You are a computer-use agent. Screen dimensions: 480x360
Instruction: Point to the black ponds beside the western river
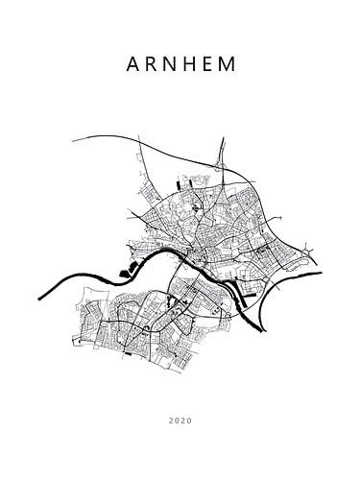click(x=125, y=272)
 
